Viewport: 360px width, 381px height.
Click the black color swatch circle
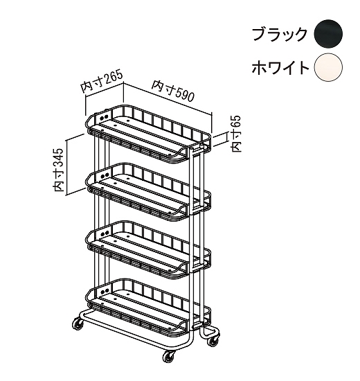click(x=328, y=33)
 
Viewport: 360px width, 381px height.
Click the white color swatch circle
click(x=328, y=67)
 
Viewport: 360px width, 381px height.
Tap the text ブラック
click(x=280, y=34)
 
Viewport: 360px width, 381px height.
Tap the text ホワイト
click(x=280, y=68)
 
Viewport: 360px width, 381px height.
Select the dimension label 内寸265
click(x=102, y=82)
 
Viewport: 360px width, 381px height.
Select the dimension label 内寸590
click(x=173, y=91)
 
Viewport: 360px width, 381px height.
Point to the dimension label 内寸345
click(x=58, y=170)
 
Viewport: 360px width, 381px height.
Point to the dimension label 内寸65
click(x=236, y=134)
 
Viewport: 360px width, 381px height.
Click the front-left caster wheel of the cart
click(x=78, y=324)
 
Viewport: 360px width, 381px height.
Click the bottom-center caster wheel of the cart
click(x=168, y=357)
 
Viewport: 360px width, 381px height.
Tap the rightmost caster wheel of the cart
click(x=213, y=340)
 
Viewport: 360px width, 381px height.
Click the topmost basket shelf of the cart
click(x=148, y=135)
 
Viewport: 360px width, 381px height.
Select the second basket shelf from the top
click(x=148, y=193)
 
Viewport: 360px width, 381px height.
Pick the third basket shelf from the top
click(x=148, y=251)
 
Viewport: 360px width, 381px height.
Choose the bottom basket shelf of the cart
click(x=148, y=308)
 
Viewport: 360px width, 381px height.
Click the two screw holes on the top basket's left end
click(x=104, y=117)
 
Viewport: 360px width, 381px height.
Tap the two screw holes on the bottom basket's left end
click(x=104, y=291)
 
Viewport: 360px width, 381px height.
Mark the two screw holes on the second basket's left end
click(x=104, y=175)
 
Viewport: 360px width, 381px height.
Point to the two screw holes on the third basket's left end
click(x=104, y=233)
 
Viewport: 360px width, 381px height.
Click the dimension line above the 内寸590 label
click(x=168, y=98)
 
